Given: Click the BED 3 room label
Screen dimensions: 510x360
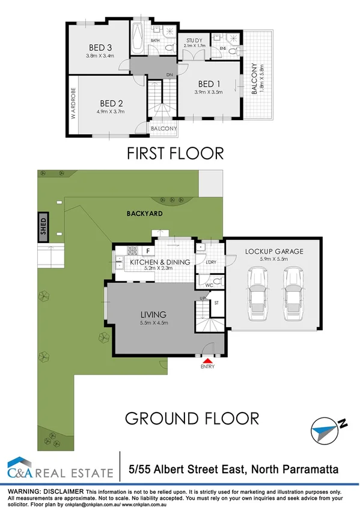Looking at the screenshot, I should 100,48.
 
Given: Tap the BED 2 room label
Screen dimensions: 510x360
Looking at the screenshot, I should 112,102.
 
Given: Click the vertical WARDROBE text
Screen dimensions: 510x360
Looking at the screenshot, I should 73,104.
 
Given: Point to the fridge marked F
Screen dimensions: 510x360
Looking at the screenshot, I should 147,251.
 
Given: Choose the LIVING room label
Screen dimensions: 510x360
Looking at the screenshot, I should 153,314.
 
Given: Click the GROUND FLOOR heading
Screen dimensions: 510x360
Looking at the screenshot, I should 192,417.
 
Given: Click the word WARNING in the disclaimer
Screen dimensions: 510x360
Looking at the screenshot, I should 24,492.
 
